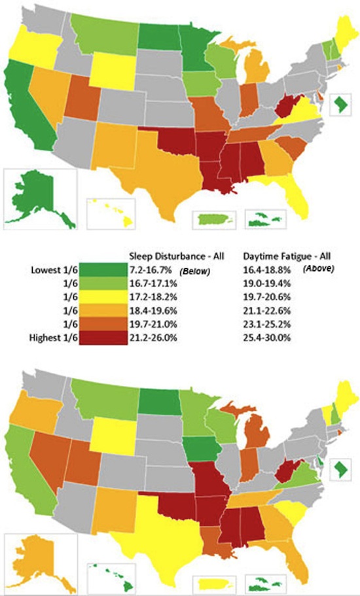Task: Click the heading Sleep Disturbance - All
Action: click(x=171, y=256)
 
